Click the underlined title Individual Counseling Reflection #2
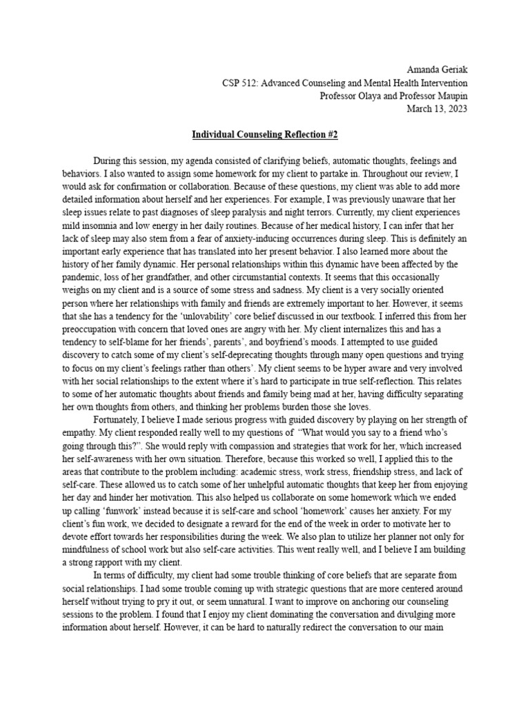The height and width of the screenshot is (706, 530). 264,133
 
